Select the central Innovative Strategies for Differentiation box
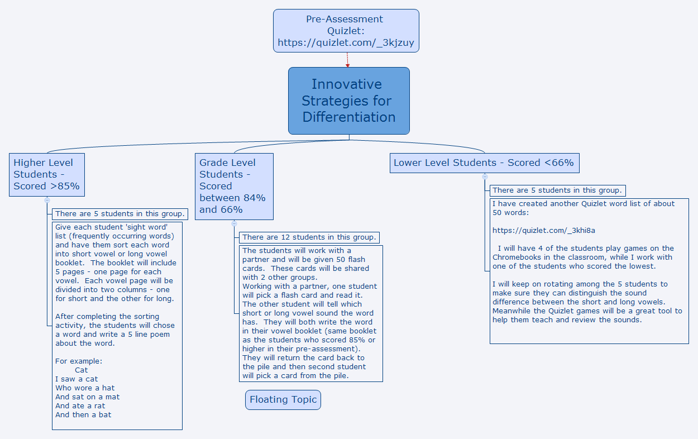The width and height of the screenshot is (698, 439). [348, 101]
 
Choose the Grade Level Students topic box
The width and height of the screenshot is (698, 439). [233, 186]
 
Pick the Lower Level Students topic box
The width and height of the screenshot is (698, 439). [484, 163]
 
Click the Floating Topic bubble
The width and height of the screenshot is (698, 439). [283, 400]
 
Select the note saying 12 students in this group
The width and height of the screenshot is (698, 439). [309, 237]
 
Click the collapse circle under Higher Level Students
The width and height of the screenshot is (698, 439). [47, 200]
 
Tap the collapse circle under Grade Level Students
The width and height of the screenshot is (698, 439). [234, 223]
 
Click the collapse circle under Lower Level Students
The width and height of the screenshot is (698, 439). [485, 176]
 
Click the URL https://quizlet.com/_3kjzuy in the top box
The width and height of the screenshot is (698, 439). [346, 43]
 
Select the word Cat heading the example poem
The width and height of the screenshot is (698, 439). [81, 370]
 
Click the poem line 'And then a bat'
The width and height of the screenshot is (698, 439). [83, 414]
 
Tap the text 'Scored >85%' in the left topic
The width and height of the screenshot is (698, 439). [46, 186]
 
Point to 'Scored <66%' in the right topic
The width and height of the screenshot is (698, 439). [541, 163]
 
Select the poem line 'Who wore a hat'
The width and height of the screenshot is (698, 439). [85, 388]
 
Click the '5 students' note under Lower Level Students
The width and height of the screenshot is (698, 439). [557, 190]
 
